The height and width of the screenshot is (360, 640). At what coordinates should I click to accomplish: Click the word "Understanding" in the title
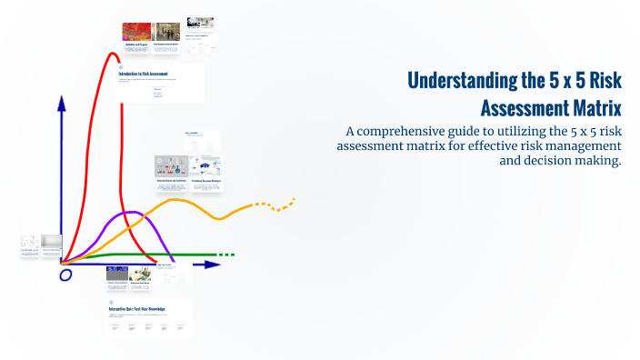(462, 81)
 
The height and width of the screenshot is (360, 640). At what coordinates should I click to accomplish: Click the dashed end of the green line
(227, 255)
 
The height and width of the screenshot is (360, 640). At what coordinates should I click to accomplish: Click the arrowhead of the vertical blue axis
(62, 103)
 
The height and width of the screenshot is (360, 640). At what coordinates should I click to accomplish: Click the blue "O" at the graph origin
(65, 275)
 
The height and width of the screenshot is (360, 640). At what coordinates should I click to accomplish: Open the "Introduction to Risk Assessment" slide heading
(150, 74)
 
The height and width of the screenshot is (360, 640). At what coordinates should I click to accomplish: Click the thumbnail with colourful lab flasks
(171, 166)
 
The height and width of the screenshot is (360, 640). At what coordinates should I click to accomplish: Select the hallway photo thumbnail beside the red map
(166, 32)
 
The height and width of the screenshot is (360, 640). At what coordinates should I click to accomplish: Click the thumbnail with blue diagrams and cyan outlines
(207, 166)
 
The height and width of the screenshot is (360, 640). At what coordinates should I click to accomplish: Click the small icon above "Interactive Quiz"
(112, 302)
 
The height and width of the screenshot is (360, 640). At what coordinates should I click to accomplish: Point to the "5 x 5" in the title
(546, 81)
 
